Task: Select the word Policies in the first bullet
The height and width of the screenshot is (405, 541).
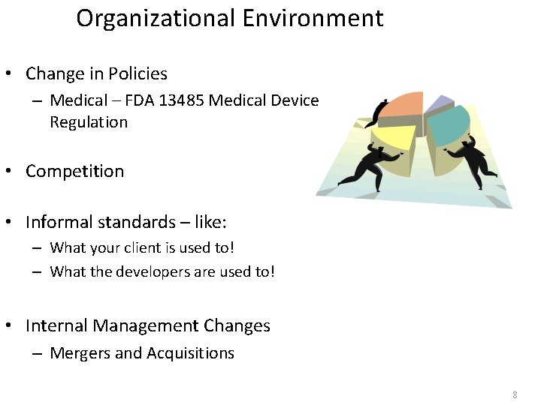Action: pyautogui.click(x=138, y=73)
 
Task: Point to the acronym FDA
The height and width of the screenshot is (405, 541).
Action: pyautogui.click(x=135, y=100)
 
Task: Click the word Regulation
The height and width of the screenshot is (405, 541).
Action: pyautogui.click(x=89, y=121)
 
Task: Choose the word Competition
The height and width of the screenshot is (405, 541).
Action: pyautogui.click(x=74, y=171)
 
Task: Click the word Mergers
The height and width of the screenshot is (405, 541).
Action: pyautogui.click(x=77, y=353)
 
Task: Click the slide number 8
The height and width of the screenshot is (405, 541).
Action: pyautogui.click(x=515, y=394)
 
